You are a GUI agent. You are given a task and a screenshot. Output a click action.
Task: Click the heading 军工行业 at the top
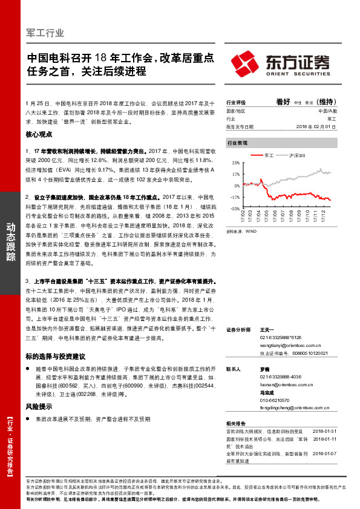(46, 33)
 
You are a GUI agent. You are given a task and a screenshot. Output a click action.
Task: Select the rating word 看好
(284, 103)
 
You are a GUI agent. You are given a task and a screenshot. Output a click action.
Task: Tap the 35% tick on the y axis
(235, 163)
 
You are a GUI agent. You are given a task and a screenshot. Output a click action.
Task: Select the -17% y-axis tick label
(235, 197)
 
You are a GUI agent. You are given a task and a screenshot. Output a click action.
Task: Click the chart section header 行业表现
(237, 143)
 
